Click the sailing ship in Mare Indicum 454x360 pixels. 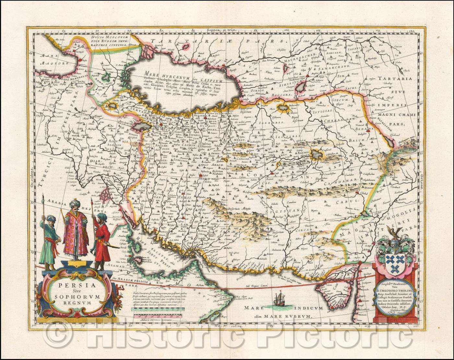coord(278,297)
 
